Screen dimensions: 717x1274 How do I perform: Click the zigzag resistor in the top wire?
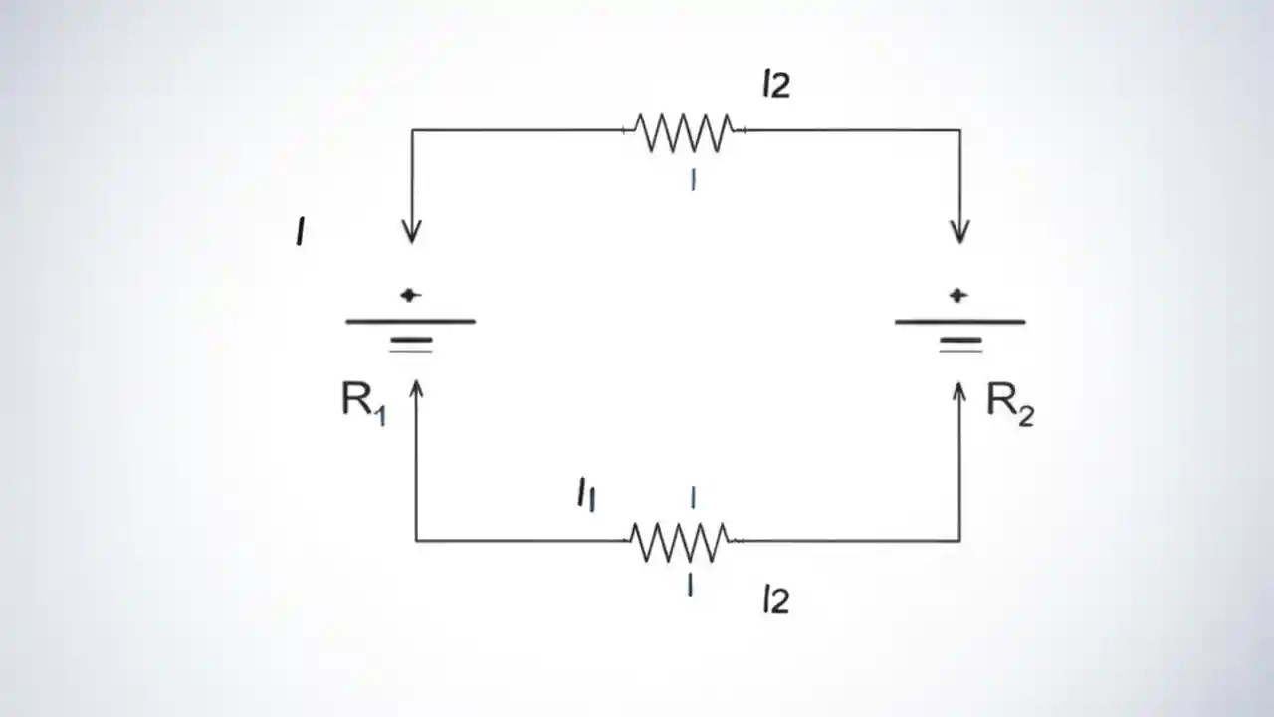[683, 131]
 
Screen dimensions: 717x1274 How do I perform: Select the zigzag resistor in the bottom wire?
[681, 542]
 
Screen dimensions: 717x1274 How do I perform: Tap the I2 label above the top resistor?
[775, 85]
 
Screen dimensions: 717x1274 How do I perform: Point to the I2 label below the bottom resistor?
[775, 599]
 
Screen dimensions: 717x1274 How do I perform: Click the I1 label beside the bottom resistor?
[586, 494]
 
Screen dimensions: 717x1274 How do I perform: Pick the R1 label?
[363, 402]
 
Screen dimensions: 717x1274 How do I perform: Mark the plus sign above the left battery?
[410, 295]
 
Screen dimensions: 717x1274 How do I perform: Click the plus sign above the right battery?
[958, 295]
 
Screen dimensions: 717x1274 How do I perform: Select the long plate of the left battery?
[410, 322]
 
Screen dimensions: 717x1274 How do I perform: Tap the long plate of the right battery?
[959, 322]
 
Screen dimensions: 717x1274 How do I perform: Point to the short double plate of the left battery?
[411, 345]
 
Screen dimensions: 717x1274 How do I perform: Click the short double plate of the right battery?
[960, 345]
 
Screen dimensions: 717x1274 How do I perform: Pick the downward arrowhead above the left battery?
[411, 233]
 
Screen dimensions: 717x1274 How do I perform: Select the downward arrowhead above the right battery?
[959, 233]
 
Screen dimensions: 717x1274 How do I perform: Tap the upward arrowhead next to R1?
[416, 389]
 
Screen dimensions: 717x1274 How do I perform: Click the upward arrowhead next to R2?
[959, 391]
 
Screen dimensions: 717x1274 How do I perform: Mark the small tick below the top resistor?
[693, 180]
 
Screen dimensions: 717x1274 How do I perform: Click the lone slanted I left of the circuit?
[301, 232]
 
